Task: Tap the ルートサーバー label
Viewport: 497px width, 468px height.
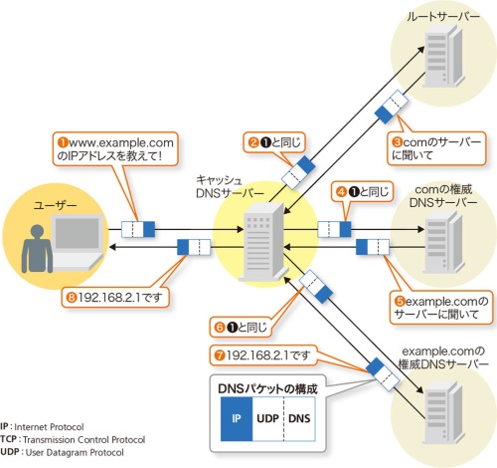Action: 443,17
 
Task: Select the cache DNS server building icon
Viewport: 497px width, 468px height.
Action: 263,241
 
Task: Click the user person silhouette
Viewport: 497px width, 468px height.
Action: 37,249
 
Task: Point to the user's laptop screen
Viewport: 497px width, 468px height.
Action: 78,233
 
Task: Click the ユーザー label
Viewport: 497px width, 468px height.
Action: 55,205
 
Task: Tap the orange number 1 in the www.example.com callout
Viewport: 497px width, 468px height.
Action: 63,142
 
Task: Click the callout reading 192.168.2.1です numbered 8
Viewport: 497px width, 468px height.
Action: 115,297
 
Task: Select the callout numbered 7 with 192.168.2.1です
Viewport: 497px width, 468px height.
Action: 263,355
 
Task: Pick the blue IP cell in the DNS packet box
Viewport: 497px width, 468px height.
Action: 237,419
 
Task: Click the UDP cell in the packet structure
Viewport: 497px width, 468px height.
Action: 268,419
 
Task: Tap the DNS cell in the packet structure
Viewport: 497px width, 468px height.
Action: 299,419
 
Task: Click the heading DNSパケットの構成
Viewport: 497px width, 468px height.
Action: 267,388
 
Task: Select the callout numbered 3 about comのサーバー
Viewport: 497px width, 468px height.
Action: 436,148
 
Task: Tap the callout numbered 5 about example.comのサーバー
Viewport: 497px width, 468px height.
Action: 441,308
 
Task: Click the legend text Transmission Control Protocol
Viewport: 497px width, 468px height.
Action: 84,440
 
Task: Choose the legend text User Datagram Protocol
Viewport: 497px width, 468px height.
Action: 75,452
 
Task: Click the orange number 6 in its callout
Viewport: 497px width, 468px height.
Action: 220,328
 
